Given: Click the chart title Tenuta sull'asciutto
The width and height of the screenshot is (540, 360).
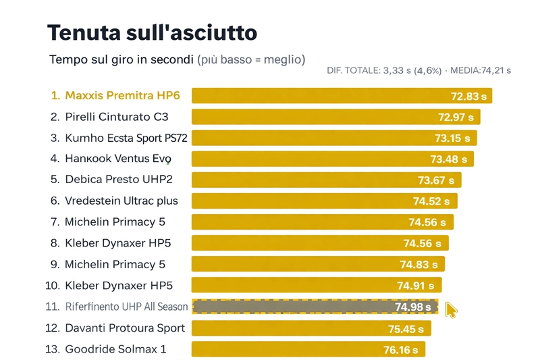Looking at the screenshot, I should click(152, 32).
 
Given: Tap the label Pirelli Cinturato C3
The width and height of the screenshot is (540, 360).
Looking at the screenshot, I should click(116, 117).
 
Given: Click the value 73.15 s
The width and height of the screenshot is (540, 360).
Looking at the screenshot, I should click(452, 138).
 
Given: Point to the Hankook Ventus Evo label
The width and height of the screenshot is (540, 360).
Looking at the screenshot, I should click(117, 159).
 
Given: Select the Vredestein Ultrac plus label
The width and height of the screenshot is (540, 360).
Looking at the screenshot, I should click(121, 201).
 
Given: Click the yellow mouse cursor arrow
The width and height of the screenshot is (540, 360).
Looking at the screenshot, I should click(451, 310).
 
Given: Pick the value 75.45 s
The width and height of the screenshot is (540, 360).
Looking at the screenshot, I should click(406, 329).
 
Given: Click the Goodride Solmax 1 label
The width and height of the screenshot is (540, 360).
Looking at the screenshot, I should click(115, 349).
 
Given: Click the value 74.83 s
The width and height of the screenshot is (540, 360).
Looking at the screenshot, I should click(418, 264).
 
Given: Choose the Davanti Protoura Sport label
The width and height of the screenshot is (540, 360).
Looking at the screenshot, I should click(124, 328).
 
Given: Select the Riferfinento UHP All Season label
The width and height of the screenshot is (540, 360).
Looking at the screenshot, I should click(126, 307).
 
